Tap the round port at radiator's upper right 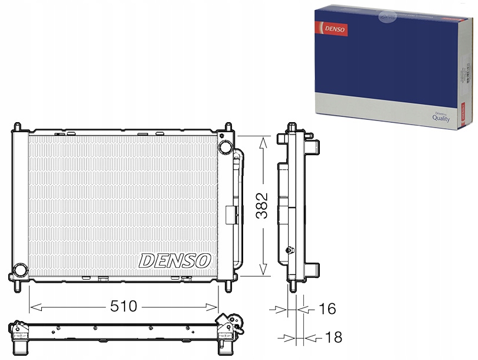click(225, 147)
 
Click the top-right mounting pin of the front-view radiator click(228, 127)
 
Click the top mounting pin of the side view click(292, 127)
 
